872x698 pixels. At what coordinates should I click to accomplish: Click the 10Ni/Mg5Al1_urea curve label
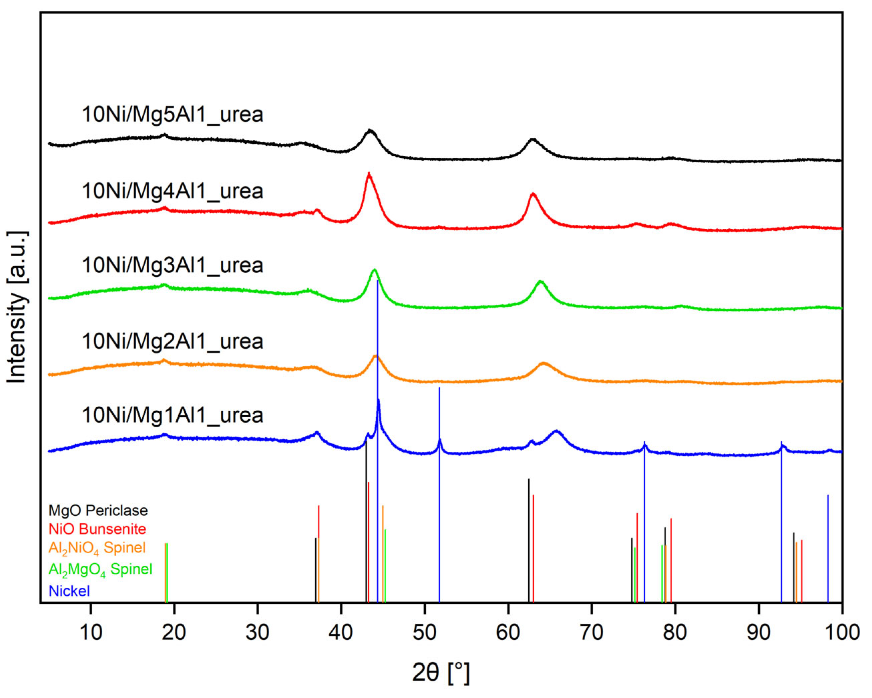pos(172,115)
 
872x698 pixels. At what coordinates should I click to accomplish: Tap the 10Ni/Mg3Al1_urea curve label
pos(172,265)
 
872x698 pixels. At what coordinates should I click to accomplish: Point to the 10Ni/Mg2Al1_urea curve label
pos(172,341)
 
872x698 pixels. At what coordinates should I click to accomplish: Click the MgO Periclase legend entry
pos(98,511)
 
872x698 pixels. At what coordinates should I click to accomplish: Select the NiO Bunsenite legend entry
pos(97,529)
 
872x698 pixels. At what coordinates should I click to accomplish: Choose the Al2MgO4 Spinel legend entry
pos(100,570)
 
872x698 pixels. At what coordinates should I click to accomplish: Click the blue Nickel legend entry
pos(69,591)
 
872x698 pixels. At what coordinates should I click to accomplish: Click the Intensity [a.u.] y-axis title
pos(17,307)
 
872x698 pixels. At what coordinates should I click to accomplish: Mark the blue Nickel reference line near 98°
pos(828,546)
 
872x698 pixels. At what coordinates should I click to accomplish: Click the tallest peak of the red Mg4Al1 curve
pos(368,174)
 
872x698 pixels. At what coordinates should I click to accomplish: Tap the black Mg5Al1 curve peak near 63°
pos(533,140)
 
